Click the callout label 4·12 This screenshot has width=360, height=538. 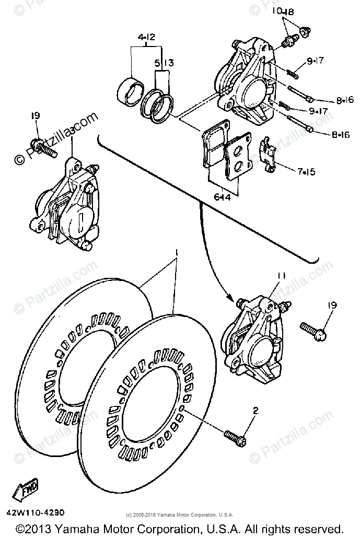point(147,38)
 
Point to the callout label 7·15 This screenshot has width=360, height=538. point(307,171)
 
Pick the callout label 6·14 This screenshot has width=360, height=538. point(222,197)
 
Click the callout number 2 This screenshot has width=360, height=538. point(255,411)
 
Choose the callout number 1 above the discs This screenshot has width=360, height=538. point(176,252)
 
